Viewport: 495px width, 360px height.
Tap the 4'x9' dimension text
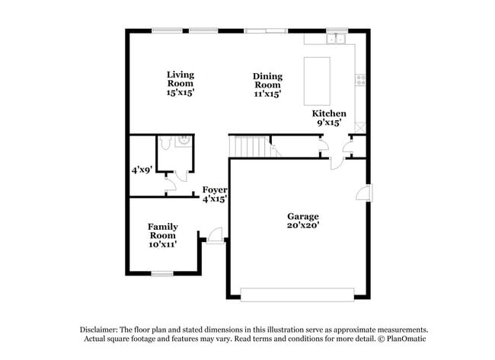142,170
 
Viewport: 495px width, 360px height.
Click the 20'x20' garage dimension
302,225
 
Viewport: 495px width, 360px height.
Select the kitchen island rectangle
318,80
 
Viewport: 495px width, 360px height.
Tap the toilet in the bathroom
165,142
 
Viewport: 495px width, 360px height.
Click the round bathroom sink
183,141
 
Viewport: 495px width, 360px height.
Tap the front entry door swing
216,236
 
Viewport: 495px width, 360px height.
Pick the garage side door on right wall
364,193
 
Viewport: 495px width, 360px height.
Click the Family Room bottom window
162,272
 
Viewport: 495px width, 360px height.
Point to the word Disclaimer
102,329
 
